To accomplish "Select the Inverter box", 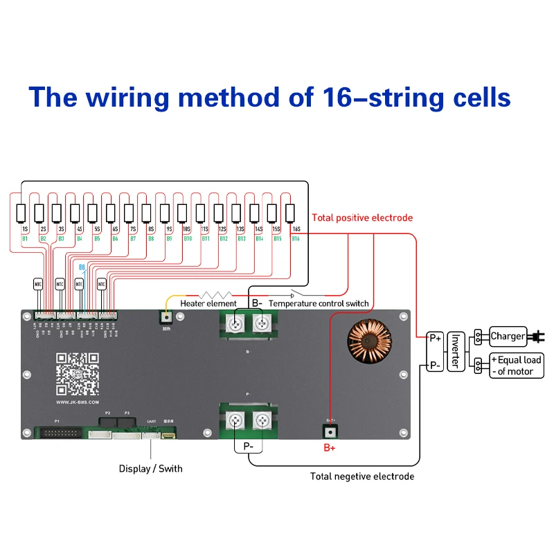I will pyautogui.click(x=456, y=351).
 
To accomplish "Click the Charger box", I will pyautogui.click(x=508, y=337).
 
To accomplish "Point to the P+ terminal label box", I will pyautogui.click(x=435, y=338).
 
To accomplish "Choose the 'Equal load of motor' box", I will pyautogui.click(x=516, y=365).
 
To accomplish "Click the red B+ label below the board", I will pyautogui.click(x=330, y=447).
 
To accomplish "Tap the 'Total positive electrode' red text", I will pyautogui.click(x=362, y=217).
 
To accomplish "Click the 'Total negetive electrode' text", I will pyautogui.click(x=362, y=476).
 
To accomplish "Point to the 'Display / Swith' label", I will pyautogui.click(x=151, y=469).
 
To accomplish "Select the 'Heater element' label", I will pyautogui.click(x=208, y=303).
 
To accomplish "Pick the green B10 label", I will pyautogui.click(x=187, y=239).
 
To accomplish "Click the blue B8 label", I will pyautogui.click(x=82, y=267).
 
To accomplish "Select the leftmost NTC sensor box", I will pyautogui.click(x=38, y=283).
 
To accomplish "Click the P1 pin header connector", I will pyautogui.click(x=57, y=434).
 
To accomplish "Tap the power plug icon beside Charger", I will pyautogui.click(x=535, y=337).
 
